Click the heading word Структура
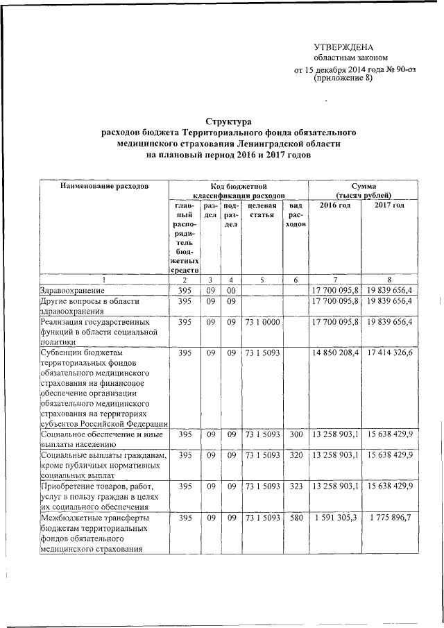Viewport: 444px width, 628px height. point(228,121)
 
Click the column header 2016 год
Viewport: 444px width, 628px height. point(335,206)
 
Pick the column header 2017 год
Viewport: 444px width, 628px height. point(389,206)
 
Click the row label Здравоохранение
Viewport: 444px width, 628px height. point(73,290)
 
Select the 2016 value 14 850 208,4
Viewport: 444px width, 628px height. point(336,353)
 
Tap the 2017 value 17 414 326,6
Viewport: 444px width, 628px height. point(389,353)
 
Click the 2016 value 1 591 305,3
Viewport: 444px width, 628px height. point(336,518)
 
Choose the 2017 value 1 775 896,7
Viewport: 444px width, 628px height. point(389,518)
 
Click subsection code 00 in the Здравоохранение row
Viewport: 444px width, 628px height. point(231,290)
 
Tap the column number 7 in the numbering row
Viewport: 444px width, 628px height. point(335,279)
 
